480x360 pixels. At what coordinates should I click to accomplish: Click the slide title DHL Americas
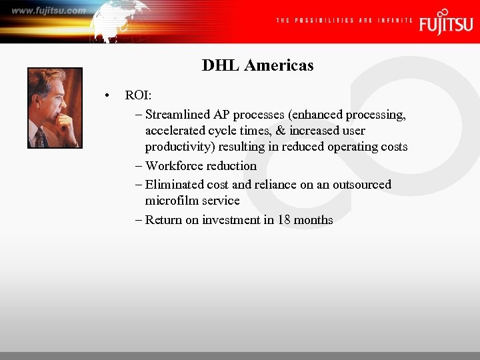pos(257,65)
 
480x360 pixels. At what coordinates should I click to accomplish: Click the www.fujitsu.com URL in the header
pos(48,11)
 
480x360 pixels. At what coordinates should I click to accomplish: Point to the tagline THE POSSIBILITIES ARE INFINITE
pos(343,21)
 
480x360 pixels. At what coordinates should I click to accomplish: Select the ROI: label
pos(139,96)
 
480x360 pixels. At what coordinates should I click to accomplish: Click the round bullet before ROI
pos(107,96)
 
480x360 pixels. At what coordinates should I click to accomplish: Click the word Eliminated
pos(173,185)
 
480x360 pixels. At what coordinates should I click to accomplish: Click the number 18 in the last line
pos(284,220)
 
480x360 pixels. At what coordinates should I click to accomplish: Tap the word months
pos(313,220)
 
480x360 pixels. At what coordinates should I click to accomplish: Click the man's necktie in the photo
pos(41,137)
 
